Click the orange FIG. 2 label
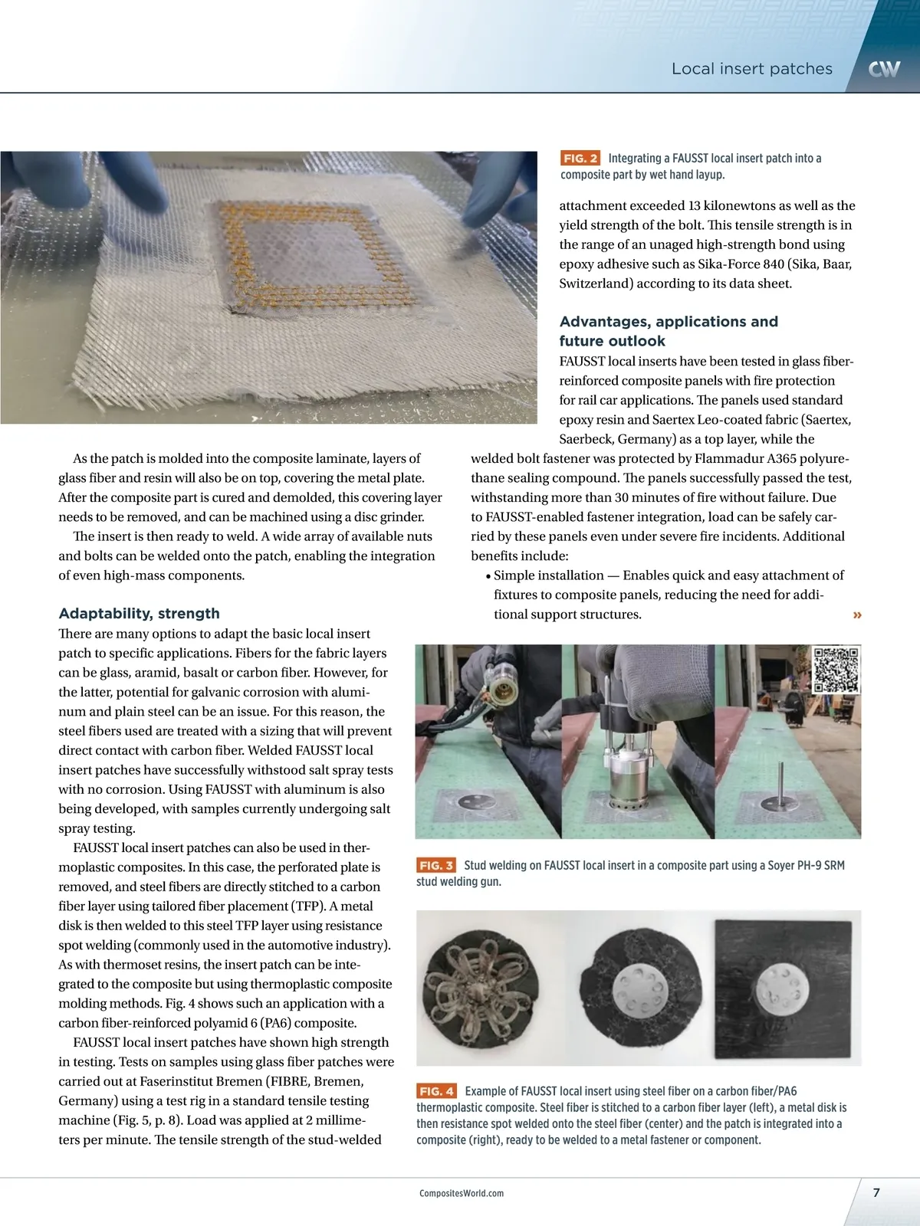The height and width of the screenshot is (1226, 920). pyautogui.click(x=580, y=158)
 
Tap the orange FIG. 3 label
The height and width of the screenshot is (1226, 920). pyautogui.click(x=435, y=865)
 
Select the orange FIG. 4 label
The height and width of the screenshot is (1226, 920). pyautogui.click(x=436, y=1091)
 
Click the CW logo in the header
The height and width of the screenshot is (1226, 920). pyautogui.click(x=884, y=69)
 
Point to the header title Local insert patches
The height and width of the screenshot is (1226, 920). pyautogui.click(x=751, y=69)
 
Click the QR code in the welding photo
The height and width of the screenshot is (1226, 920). pyautogui.click(x=836, y=670)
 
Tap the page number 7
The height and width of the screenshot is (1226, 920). pyautogui.click(x=876, y=1192)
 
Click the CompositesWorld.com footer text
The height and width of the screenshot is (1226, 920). pyautogui.click(x=462, y=1193)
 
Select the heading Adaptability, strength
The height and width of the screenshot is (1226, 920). pyautogui.click(x=139, y=613)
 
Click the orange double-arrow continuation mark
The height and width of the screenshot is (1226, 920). pyautogui.click(x=857, y=615)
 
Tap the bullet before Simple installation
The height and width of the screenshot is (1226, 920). pyautogui.click(x=488, y=576)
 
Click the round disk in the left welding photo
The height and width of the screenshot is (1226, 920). pyautogui.click(x=476, y=802)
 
